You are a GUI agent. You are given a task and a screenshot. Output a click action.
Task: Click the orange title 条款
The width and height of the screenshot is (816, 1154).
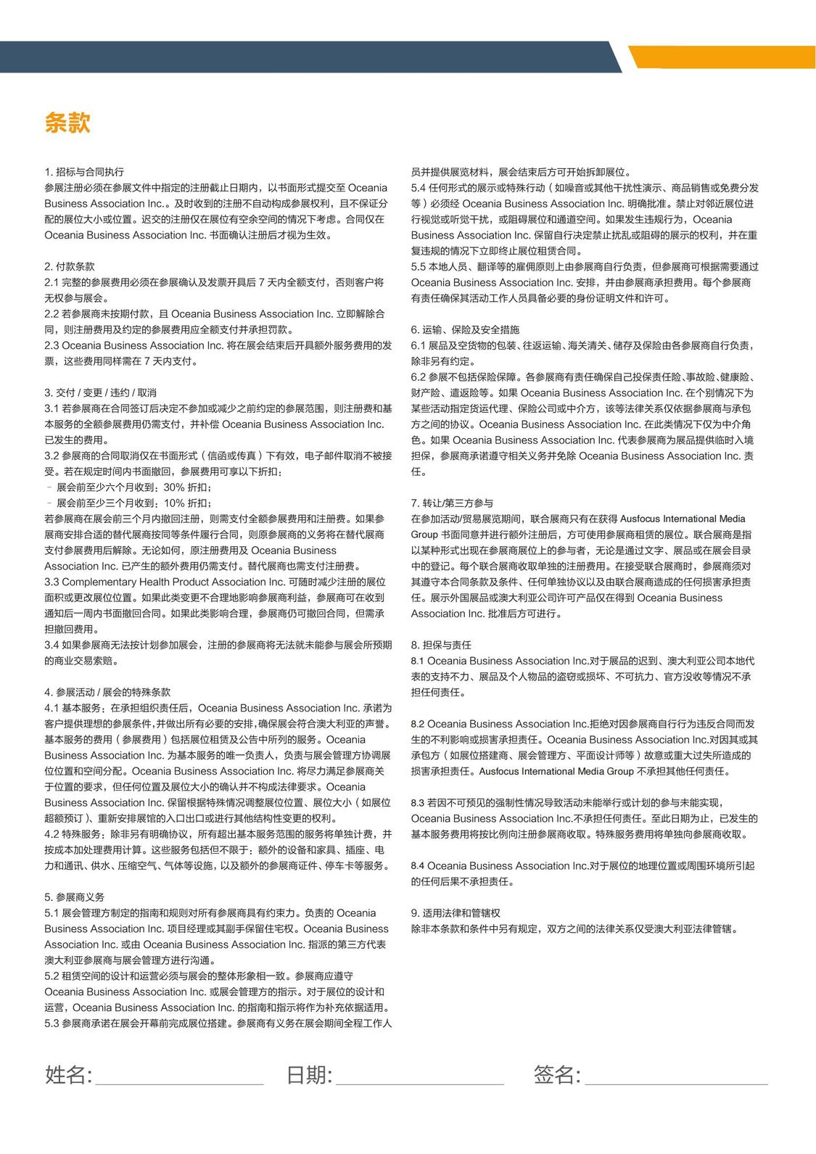(x=67, y=122)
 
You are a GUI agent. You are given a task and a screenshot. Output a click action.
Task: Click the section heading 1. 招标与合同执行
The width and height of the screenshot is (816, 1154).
(x=84, y=172)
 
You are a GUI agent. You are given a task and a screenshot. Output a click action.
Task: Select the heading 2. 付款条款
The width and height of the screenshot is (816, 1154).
(x=70, y=266)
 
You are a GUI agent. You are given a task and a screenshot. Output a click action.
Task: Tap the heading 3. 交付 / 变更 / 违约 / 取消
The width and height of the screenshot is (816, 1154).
(x=101, y=392)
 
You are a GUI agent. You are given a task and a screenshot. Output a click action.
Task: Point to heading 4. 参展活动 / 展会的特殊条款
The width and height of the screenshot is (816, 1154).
(x=107, y=692)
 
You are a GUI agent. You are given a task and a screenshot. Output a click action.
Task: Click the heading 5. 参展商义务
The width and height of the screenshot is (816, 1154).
(x=75, y=897)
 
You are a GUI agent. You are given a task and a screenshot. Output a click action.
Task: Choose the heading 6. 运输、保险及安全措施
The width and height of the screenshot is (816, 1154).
(x=465, y=329)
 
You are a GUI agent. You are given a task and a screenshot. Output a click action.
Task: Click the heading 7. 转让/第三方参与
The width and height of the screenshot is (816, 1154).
(x=452, y=503)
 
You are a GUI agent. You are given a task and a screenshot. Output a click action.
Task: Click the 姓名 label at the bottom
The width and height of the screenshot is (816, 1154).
(x=68, y=1074)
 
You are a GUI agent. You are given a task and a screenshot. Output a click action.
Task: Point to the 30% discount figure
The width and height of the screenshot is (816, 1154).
(x=174, y=487)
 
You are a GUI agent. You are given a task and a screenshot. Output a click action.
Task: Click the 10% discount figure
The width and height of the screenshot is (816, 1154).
(x=174, y=503)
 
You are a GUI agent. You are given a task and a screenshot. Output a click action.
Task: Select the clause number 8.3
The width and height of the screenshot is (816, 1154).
(x=418, y=803)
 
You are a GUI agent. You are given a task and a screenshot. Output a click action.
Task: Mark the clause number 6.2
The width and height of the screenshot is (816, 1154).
(x=418, y=376)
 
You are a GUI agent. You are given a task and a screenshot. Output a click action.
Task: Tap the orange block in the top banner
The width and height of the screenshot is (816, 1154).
(x=722, y=57)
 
